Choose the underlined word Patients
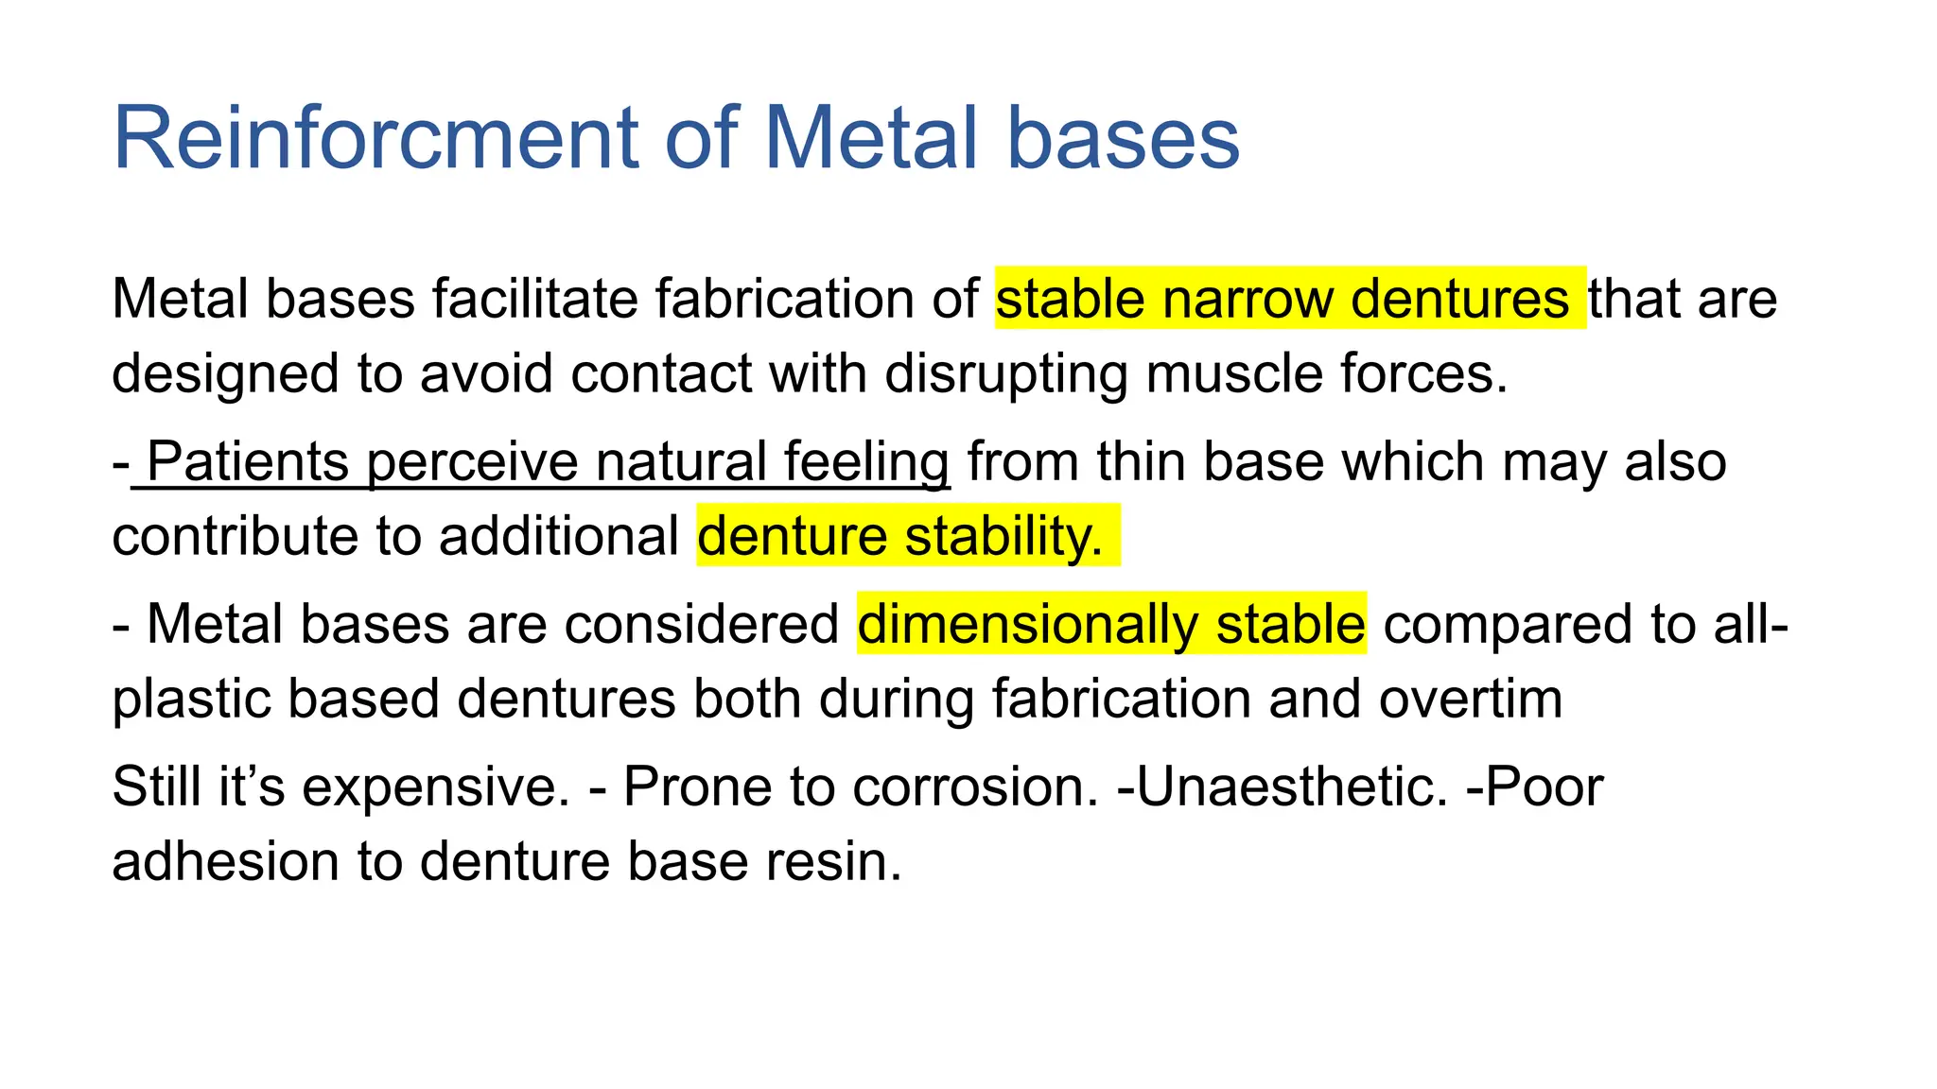pyautogui.click(x=248, y=462)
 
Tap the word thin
pyautogui.click(x=1142, y=462)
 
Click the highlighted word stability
pyautogui.click(x=1003, y=536)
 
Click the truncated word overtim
pyautogui.click(x=1470, y=700)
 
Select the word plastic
pyautogui.click(x=190, y=700)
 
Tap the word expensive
pyautogui.click(x=435, y=787)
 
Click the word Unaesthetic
pyautogui.click(x=1292, y=787)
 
